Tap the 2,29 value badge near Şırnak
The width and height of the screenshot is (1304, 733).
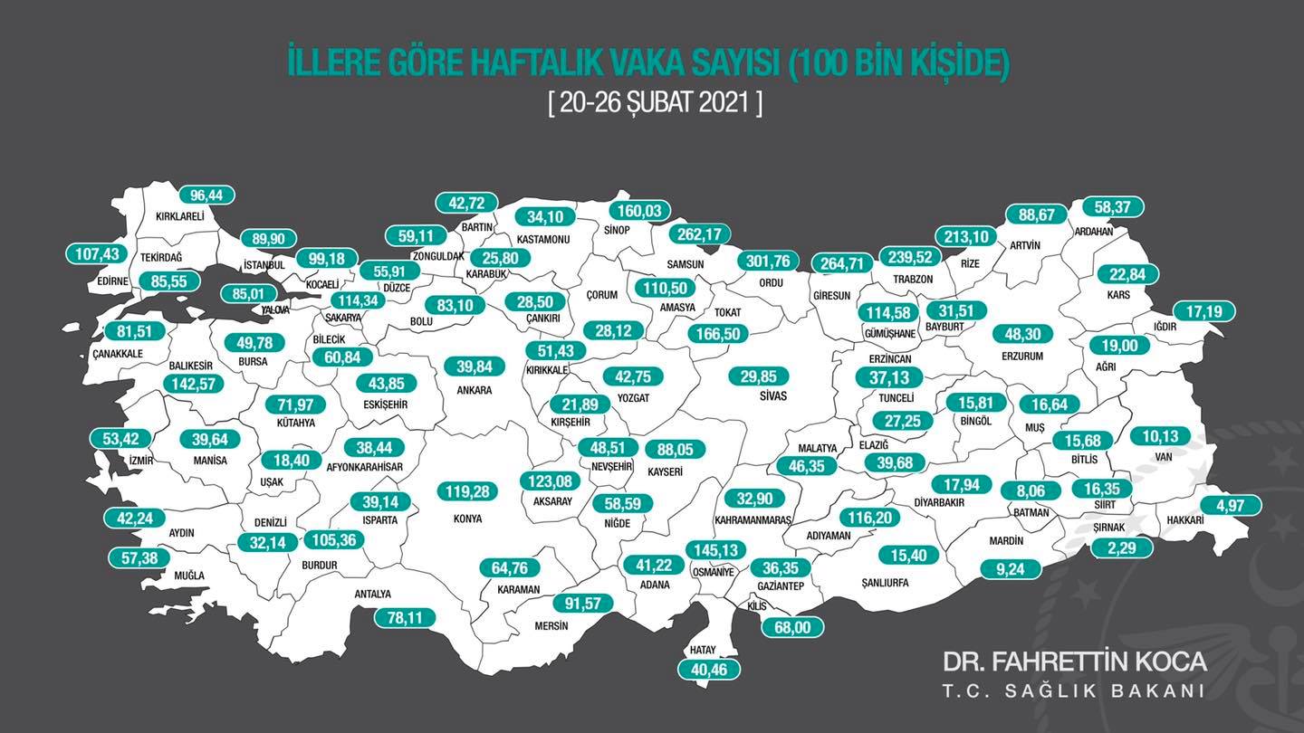tap(1122, 547)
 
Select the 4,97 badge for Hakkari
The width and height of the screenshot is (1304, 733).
tap(1231, 506)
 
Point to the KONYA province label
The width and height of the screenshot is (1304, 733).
tap(466, 519)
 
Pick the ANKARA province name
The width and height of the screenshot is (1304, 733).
tap(475, 390)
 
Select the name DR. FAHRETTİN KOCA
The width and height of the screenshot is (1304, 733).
tap(1074, 662)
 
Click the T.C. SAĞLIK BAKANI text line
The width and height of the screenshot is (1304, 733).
tap(1074, 690)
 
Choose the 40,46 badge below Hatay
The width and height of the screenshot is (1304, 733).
tap(709, 670)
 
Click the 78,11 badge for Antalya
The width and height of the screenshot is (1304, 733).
tap(405, 617)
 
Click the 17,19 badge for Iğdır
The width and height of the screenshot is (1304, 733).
tap(1204, 310)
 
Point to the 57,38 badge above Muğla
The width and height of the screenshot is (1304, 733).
tap(139, 557)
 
